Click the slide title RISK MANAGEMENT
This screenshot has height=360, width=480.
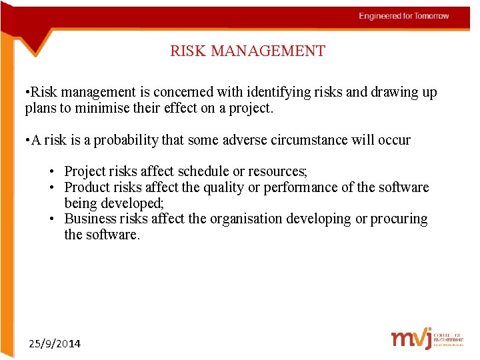pos(247,51)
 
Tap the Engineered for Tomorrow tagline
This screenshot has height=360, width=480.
pos(403,16)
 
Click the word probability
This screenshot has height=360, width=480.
pos(125,141)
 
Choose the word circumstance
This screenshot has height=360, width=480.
pos(323,141)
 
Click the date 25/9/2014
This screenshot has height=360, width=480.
pos(55,344)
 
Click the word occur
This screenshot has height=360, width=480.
pos(393,141)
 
